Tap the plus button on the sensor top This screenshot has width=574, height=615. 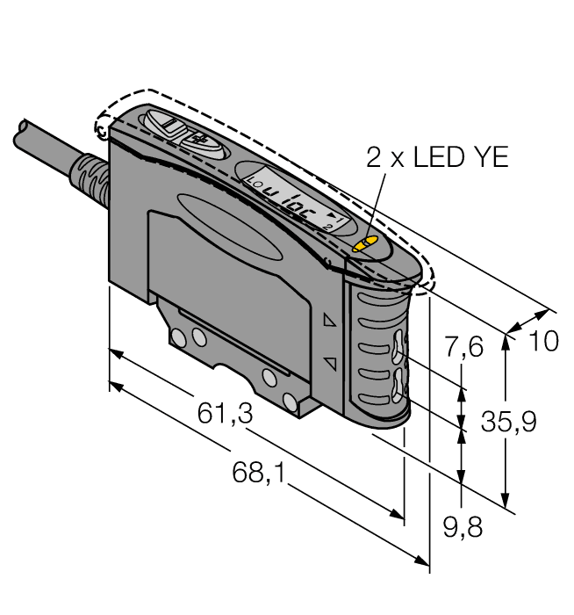(x=197, y=140)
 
